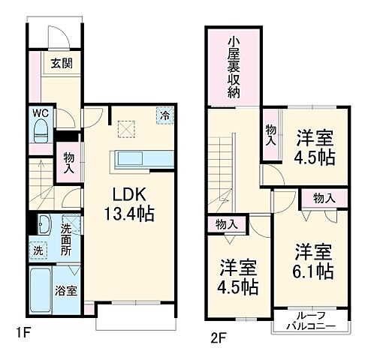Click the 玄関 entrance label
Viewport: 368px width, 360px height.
pyautogui.click(x=61, y=64)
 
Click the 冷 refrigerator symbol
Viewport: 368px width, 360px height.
pyautogui.click(x=164, y=115)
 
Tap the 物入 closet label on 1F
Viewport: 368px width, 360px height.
pyautogui.click(x=68, y=162)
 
